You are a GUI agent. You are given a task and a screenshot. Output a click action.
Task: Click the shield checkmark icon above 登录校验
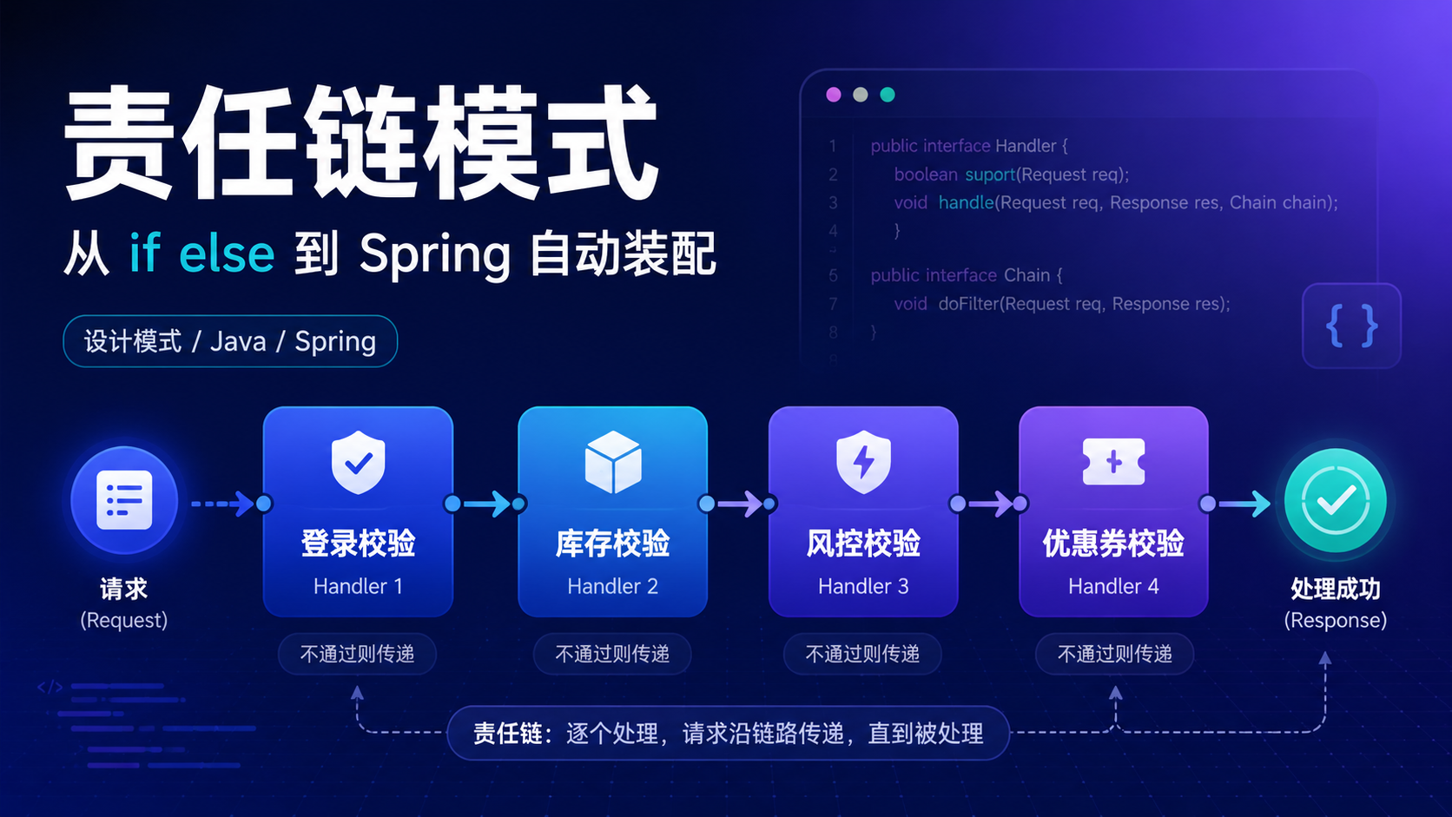[358, 463]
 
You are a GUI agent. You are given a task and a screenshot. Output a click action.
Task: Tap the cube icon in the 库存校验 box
[612, 463]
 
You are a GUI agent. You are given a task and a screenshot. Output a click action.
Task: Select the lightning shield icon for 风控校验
[862, 463]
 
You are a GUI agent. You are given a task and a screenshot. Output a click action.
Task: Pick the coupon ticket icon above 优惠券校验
[1113, 462]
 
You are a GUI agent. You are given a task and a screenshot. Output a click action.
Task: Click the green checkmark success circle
[1336, 501]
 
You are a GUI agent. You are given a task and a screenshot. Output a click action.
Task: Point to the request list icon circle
[124, 500]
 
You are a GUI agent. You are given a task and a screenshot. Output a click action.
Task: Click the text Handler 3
[862, 586]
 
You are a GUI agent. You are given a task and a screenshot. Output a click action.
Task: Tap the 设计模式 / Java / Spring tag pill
[230, 341]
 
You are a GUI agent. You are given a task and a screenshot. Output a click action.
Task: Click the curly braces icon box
[1351, 326]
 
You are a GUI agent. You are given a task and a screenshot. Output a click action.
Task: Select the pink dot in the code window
[834, 95]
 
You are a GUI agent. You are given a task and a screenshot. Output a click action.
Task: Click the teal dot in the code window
[888, 95]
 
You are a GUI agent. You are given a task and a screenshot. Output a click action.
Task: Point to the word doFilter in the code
[968, 304]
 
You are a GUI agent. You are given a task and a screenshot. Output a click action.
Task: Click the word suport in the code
[990, 175]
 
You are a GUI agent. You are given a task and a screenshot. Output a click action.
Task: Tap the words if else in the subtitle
[201, 253]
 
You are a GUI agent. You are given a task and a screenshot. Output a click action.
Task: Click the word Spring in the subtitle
[435, 255]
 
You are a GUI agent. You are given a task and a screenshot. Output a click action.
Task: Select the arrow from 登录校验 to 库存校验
[485, 504]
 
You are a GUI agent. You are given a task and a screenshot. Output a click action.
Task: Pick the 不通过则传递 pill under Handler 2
[612, 654]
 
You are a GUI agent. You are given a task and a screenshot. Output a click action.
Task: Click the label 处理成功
[1336, 589]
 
